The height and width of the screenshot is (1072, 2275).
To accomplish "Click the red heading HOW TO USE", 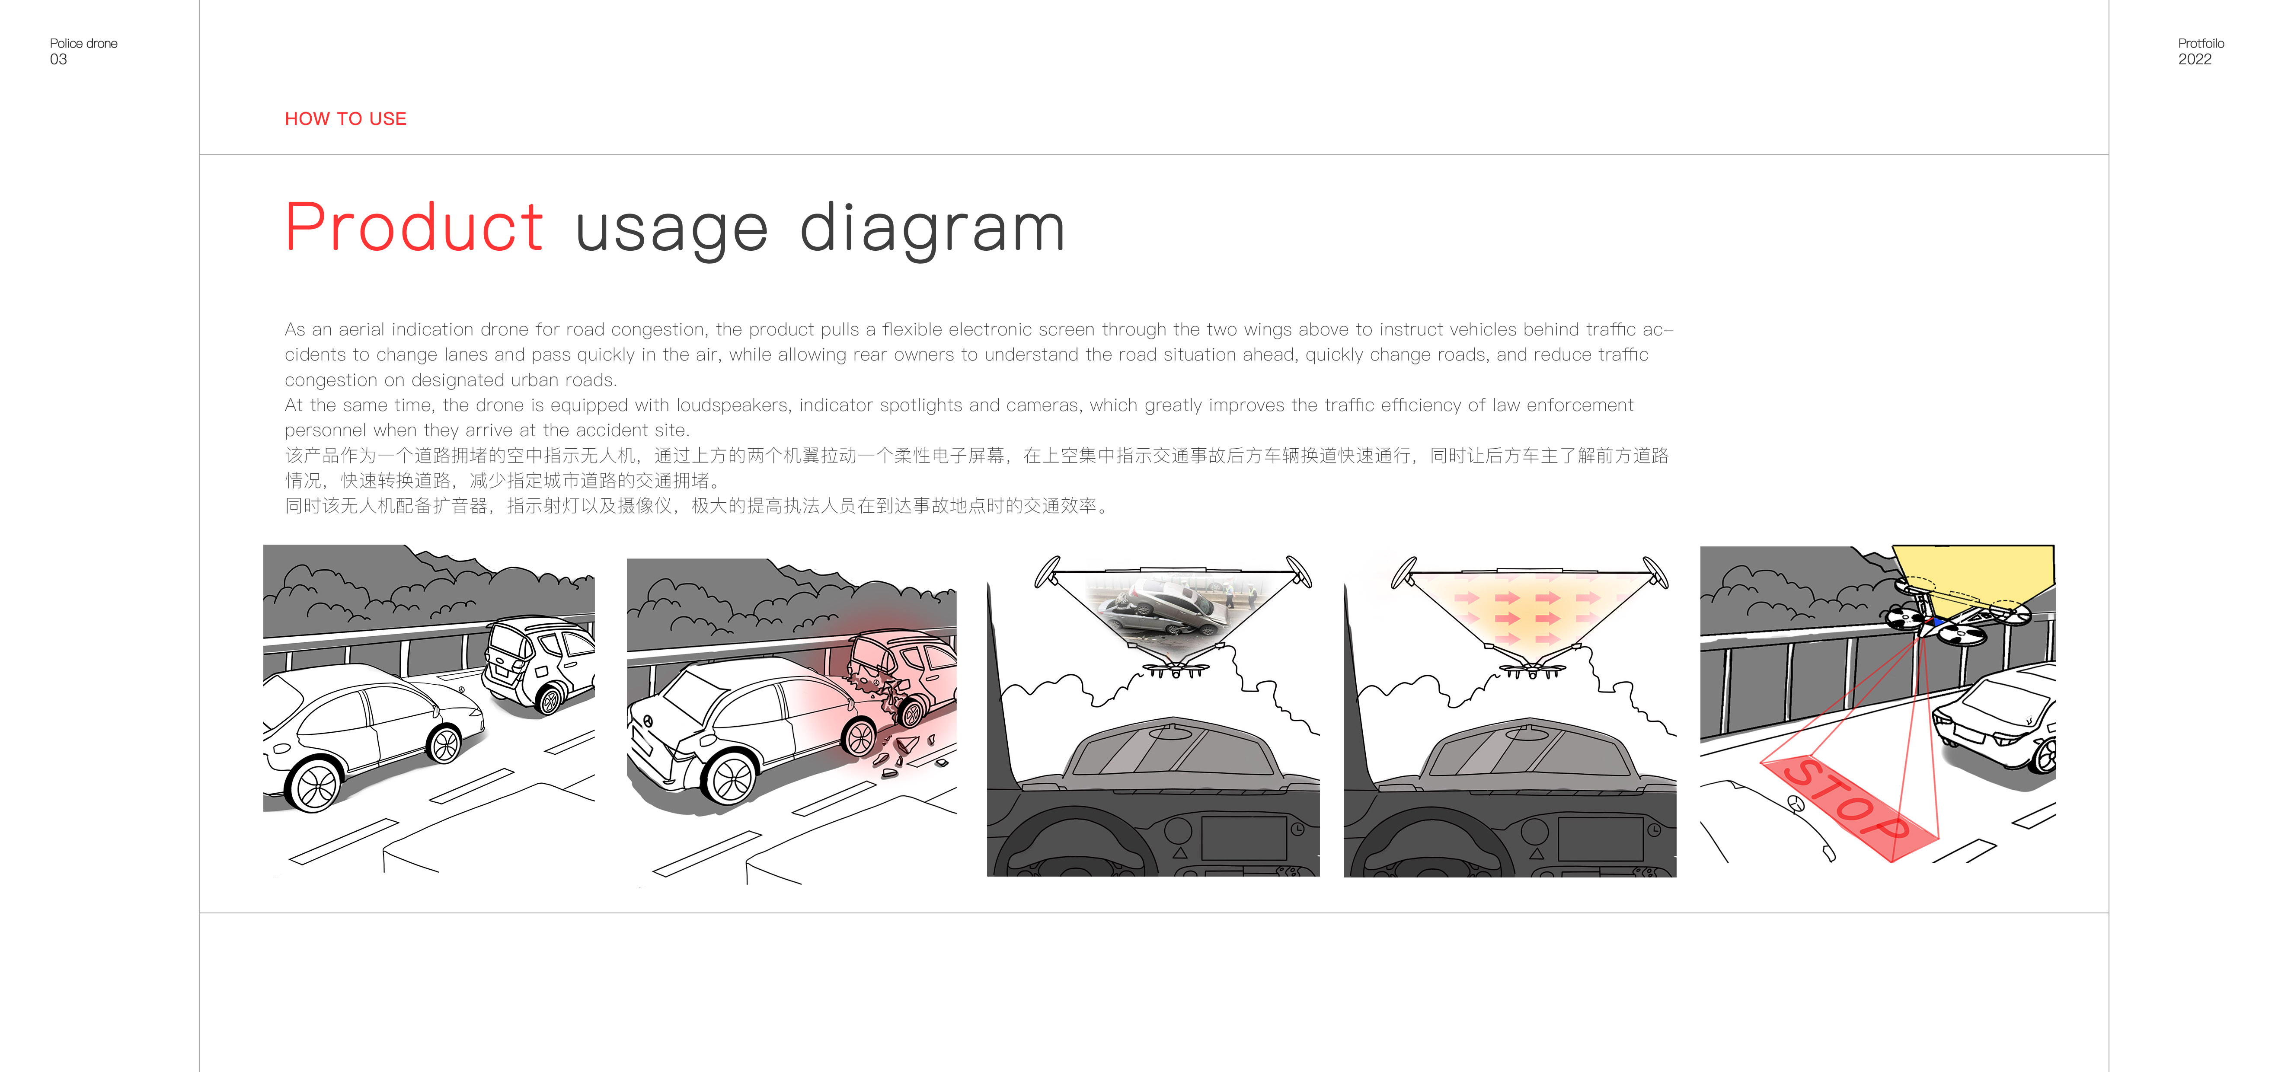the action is [345, 118].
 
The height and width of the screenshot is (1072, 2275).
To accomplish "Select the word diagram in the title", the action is [933, 230].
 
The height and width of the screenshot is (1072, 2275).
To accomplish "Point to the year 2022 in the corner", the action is [2195, 59].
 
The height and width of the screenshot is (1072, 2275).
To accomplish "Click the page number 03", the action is [58, 59].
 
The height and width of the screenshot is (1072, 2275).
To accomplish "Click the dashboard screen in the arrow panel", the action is [1600, 839].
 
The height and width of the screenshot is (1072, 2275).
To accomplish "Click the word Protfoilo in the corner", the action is [2201, 43].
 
